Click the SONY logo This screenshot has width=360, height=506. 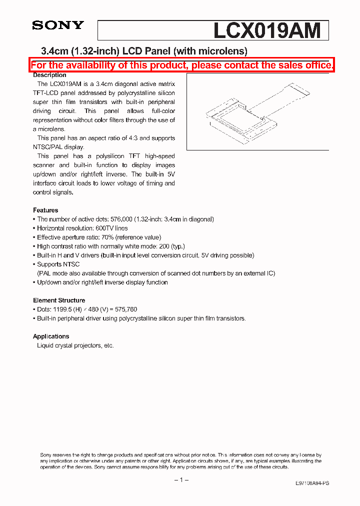[x=58, y=25]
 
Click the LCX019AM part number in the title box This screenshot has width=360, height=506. [x=267, y=31]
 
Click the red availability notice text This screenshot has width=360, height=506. [x=182, y=65]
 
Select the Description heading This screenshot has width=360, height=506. [x=49, y=75]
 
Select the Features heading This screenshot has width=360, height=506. [x=45, y=210]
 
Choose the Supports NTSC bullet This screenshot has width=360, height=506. [x=58, y=264]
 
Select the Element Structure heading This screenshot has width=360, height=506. [x=59, y=300]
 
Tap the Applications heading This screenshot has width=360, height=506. [x=51, y=336]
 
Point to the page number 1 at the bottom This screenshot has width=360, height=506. [x=180, y=480]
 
